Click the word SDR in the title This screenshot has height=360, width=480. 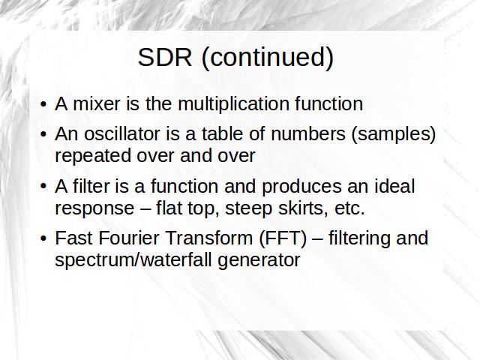click(165, 57)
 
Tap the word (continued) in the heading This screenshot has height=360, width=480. click(268, 58)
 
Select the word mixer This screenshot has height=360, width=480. click(97, 103)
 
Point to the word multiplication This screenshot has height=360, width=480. click(233, 104)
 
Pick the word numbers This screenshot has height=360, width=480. click(308, 133)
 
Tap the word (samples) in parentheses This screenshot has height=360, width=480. click(394, 135)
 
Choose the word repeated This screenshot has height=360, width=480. click(94, 156)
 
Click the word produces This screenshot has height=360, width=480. click(301, 187)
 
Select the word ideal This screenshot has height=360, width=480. click(394, 186)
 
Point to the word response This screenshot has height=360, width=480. click(94, 209)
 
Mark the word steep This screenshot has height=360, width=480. click(248, 209)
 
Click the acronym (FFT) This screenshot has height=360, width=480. click(283, 238)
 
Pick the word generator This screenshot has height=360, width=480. click(259, 261)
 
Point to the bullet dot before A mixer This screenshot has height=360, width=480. click(43, 104)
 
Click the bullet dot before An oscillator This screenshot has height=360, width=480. click(43, 134)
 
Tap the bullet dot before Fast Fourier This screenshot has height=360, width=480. click(43, 238)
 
